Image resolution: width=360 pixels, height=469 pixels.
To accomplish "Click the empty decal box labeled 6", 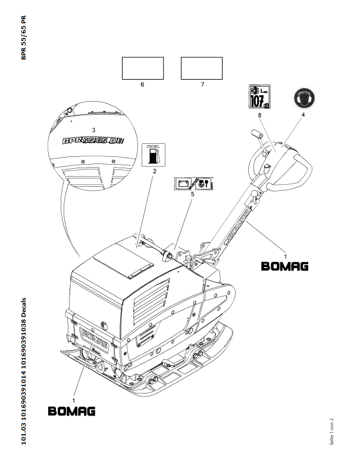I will [x=143, y=68].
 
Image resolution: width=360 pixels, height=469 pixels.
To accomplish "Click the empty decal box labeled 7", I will [x=202, y=68].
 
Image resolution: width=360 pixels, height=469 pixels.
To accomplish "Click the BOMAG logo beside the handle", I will [x=285, y=266].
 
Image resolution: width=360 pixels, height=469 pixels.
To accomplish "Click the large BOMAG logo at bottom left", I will [x=71, y=411].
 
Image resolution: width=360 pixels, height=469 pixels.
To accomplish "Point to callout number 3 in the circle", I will [x=93, y=129].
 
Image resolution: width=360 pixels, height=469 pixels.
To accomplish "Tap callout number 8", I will [x=260, y=117].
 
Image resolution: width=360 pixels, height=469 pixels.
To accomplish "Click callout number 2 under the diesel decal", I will [x=154, y=172].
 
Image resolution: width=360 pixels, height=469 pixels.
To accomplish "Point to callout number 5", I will [x=193, y=194].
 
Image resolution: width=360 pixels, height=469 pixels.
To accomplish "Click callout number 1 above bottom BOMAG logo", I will [x=74, y=393].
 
